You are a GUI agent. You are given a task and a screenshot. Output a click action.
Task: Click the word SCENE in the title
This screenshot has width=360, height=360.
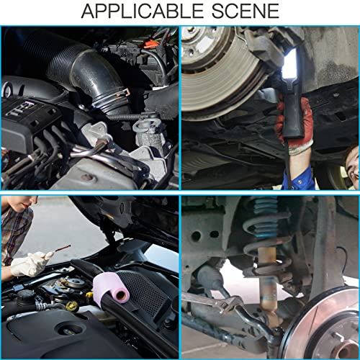pos(246,11)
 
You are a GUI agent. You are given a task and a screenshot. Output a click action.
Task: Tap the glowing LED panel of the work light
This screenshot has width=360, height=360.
pos(291,63)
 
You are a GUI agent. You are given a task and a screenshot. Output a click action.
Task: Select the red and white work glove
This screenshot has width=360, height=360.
pos(296,125)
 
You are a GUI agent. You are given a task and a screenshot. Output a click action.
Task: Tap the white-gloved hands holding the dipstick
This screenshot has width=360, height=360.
pos(30,264)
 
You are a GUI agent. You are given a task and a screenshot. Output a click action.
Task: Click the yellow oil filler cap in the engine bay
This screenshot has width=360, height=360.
pos(72,305)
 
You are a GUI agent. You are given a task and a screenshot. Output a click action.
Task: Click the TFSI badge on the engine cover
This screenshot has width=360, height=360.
pos(21,109)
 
